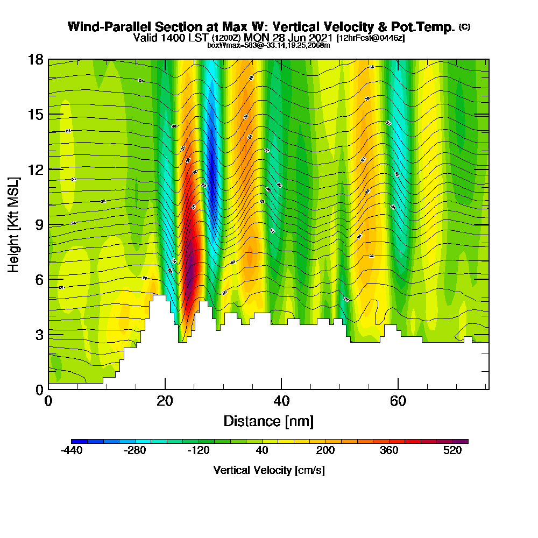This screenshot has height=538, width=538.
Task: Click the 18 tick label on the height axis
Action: pos(36,60)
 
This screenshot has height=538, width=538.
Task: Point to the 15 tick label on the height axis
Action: pos(36,115)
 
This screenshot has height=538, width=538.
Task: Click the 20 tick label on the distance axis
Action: pos(165,401)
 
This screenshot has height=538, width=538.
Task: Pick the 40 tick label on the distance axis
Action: pos(281,401)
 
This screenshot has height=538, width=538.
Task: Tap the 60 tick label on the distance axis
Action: pos(398,401)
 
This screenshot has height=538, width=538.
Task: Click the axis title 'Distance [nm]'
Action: pos(268,421)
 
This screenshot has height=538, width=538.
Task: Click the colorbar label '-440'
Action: pos(72,451)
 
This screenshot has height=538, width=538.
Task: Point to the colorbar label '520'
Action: pos(453,451)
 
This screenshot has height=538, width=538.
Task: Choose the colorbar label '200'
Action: pos(325,451)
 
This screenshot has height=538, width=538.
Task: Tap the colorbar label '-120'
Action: pos(199,451)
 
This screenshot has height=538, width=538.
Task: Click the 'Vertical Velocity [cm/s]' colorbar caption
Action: pos(269,470)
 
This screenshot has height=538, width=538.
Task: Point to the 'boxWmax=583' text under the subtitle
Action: pos(229,45)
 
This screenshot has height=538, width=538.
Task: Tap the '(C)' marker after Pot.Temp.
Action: pos(464,27)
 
